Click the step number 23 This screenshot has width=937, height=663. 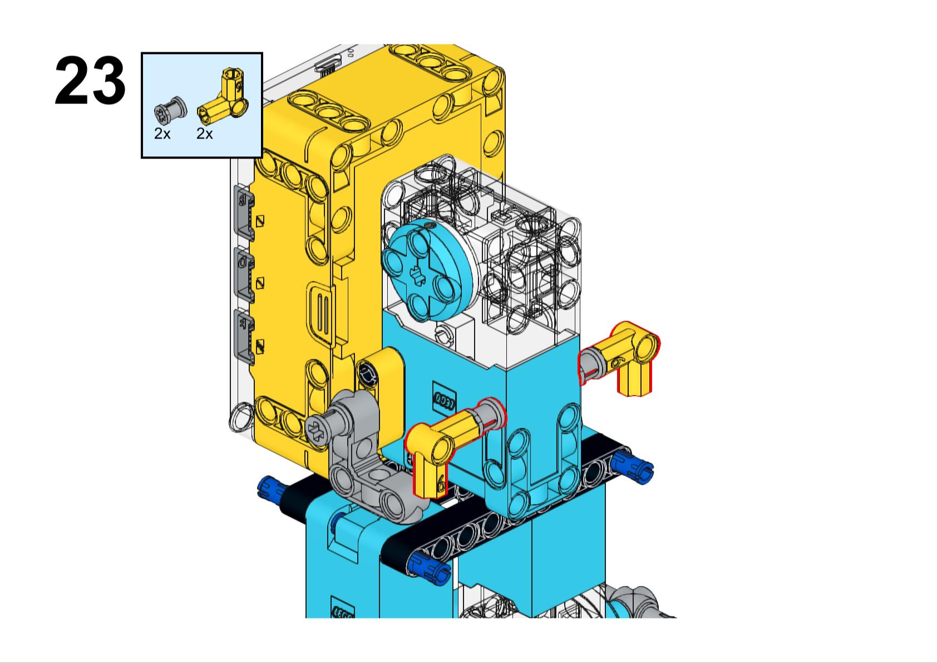[90, 82]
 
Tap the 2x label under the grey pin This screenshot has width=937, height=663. [162, 133]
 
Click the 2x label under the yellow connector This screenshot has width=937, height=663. [204, 133]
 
